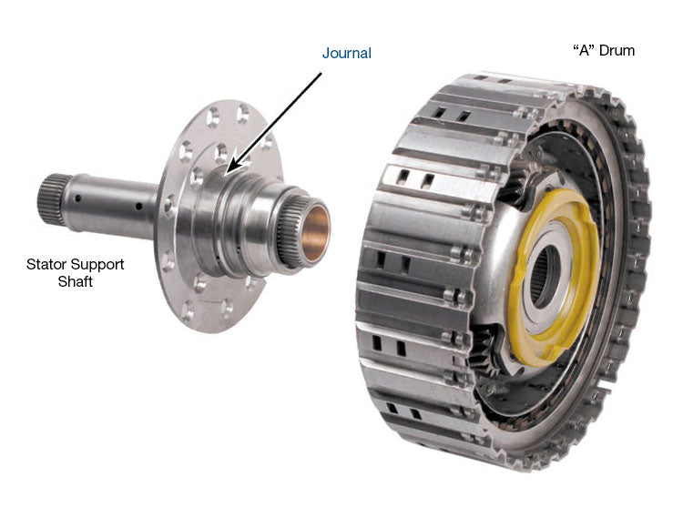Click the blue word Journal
pos(347,54)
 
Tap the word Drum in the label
pos(617,50)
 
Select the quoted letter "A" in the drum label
pos(584,50)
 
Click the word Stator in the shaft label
pos(46,264)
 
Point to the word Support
pos(97,265)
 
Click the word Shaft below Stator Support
pos(76,281)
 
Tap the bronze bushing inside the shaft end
pos(314,232)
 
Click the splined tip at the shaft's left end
pos(51,199)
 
